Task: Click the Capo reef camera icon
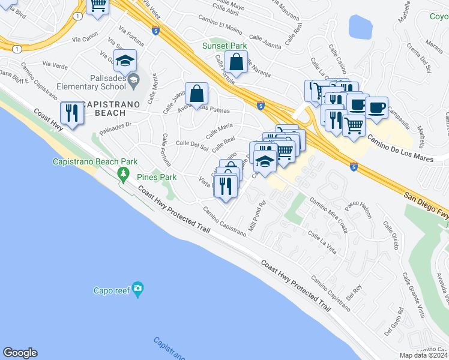(x=138, y=290)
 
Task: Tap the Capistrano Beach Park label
(x=95, y=161)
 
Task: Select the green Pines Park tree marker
(x=124, y=175)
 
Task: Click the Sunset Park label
(x=224, y=46)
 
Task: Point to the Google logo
(x=20, y=353)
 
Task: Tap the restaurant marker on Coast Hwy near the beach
(x=71, y=112)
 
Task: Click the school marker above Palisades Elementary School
(x=125, y=61)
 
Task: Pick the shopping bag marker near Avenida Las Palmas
(x=197, y=94)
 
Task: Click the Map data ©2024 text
(x=424, y=355)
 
